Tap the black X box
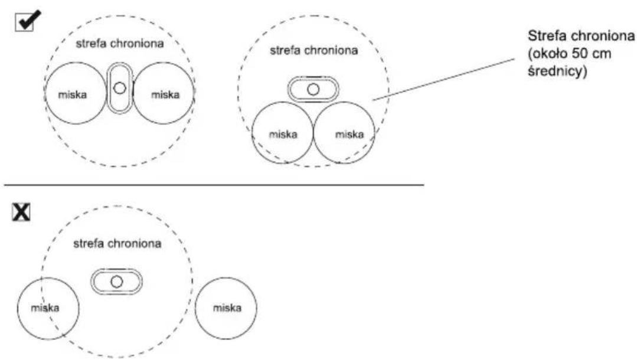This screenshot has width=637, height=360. tap(21, 212)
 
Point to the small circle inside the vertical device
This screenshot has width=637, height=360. tap(119, 88)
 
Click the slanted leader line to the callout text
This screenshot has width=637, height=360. tap(443, 79)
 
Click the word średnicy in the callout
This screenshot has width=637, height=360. tap(557, 71)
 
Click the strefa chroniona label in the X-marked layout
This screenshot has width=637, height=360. tap(117, 243)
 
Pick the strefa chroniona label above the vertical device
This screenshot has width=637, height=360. tap(120, 44)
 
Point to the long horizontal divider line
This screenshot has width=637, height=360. tap(214, 185)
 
